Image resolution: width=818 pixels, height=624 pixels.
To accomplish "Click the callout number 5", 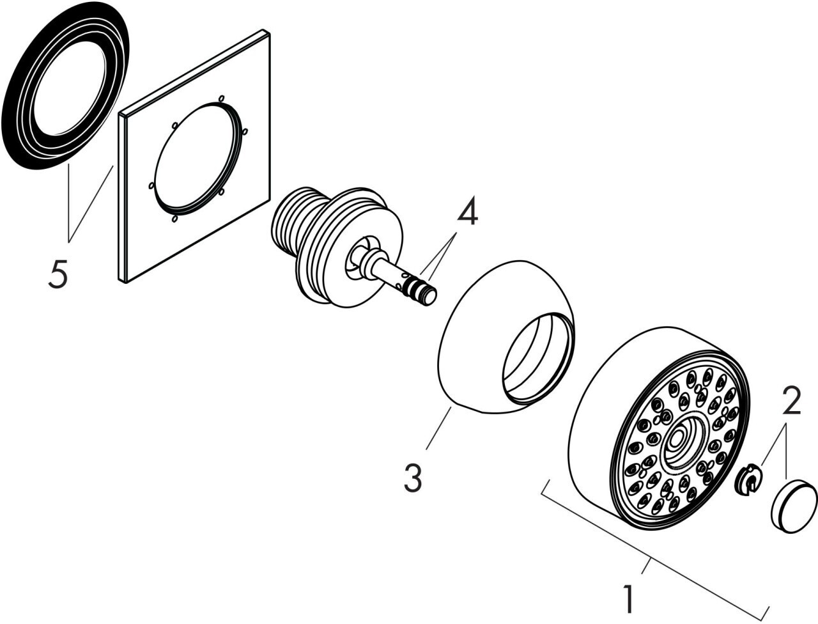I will (x=58, y=275).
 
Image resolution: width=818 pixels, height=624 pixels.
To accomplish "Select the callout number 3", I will (x=413, y=478).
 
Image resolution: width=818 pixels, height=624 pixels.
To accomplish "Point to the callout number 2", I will (x=790, y=402).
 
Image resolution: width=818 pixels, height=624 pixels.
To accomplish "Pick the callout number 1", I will (x=629, y=599).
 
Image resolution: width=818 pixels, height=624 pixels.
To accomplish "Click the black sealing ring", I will (x=26, y=128).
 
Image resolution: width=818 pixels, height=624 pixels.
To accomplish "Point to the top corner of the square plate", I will (x=263, y=32).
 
